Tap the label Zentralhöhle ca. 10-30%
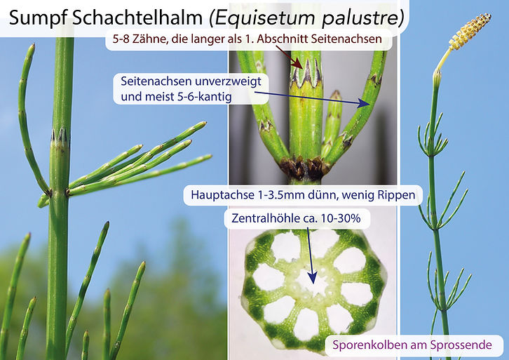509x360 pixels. click(296, 219)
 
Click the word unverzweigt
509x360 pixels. click(226, 81)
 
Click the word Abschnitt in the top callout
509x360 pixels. click(289, 40)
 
